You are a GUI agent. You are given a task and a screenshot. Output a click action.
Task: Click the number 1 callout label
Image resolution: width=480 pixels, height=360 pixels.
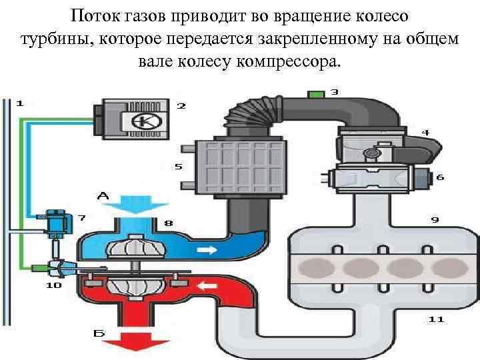click(x=19, y=103)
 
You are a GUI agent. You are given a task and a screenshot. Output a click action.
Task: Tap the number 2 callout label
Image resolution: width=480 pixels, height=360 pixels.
click(x=181, y=105)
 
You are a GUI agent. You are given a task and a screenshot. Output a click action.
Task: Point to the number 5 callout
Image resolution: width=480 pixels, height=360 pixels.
click(x=179, y=167)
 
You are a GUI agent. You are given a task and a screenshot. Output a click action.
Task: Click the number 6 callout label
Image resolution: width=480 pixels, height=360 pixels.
click(x=440, y=177)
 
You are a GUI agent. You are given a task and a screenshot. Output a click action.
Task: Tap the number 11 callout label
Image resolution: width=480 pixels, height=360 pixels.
click(x=436, y=320)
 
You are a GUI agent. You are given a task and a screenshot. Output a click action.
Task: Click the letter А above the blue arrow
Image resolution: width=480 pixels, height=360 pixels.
click(x=103, y=196)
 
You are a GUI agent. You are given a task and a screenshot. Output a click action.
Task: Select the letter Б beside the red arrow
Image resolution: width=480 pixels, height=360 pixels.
click(x=99, y=331)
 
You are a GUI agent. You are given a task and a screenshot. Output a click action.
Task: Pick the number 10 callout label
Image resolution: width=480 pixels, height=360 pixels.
click(x=53, y=285)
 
